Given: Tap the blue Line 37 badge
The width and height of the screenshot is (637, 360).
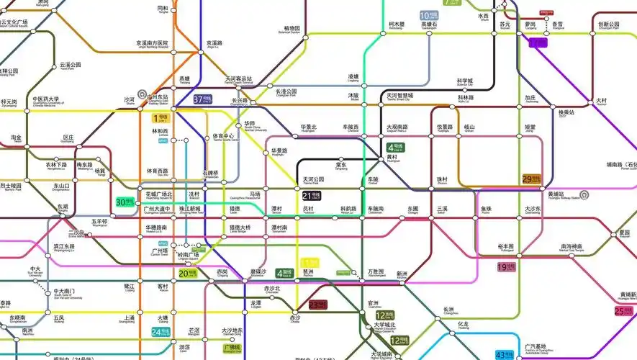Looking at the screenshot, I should tap(202, 99).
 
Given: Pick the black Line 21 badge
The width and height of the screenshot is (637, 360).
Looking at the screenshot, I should tap(312, 195).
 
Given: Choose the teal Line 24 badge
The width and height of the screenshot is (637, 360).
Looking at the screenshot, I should tap(161, 332).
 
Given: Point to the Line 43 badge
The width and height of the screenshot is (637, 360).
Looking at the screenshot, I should tap(504, 355).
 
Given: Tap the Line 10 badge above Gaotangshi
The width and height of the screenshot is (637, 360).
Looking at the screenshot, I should tap(429, 15).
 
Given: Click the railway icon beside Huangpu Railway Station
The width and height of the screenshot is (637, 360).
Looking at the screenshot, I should tap(584, 194).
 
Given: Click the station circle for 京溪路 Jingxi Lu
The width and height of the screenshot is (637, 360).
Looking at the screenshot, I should tap(202, 50).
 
